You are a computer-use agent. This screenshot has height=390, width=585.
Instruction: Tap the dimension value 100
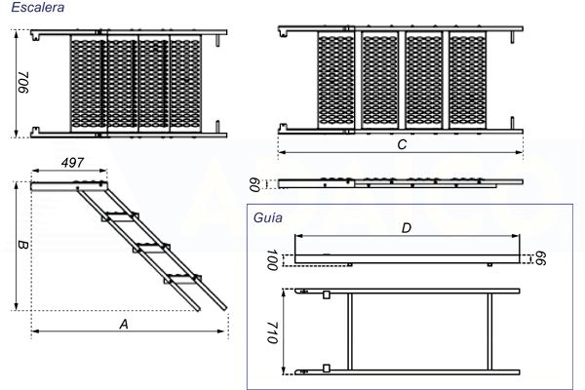click(x=272, y=260)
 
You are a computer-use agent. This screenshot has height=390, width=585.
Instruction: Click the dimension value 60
click(x=255, y=182)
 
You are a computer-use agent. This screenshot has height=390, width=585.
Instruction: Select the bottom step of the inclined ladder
click(x=182, y=280)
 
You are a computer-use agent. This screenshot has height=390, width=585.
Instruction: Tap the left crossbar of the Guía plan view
click(x=349, y=331)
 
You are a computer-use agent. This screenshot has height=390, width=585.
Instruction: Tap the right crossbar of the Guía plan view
click(x=485, y=331)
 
